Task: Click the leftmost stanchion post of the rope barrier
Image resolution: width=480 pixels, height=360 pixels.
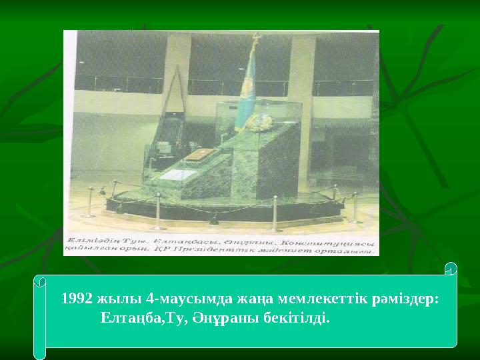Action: pos(89,202)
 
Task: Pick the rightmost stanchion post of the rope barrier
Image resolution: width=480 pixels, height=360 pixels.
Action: pos(355,207)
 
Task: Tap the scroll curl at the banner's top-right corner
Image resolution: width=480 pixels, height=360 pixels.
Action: pos(451,269)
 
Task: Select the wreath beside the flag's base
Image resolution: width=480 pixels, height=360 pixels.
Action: pos(262,121)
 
